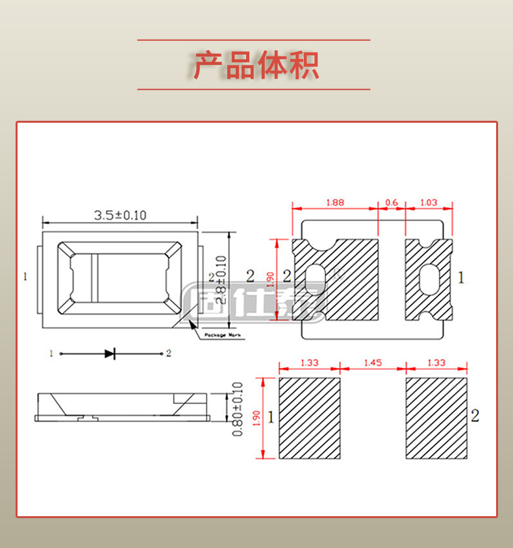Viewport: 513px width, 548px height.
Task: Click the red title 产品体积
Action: tap(256, 65)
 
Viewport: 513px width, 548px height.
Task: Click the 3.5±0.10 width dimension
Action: tap(120, 215)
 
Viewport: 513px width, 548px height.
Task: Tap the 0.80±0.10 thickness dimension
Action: tap(237, 409)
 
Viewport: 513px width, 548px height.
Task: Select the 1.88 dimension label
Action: tap(334, 203)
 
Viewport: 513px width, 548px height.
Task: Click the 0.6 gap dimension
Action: tap(392, 203)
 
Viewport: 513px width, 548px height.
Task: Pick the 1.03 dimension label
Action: tap(429, 203)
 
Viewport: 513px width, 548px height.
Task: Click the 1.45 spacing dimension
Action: tap(373, 363)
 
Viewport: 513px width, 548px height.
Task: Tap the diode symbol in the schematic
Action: tap(110, 354)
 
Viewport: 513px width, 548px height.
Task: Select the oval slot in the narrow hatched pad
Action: tap(428, 280)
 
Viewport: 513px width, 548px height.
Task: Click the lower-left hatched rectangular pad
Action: tap(309, 419)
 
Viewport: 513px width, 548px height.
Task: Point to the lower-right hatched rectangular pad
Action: tap(436, 419)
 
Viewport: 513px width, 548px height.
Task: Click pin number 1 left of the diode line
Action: tap(50, 354)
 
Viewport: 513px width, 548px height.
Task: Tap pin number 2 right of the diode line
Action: tap(169, 354)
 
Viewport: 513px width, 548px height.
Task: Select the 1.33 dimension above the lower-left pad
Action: tap(309, 363)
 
